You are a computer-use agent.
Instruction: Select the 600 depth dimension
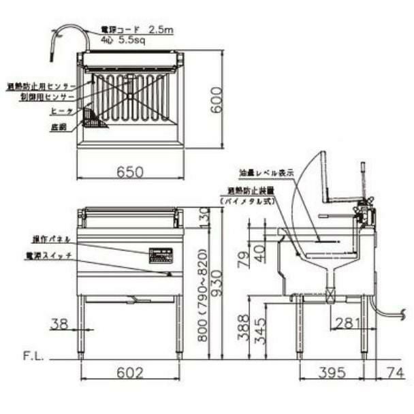(x=216, y=100)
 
